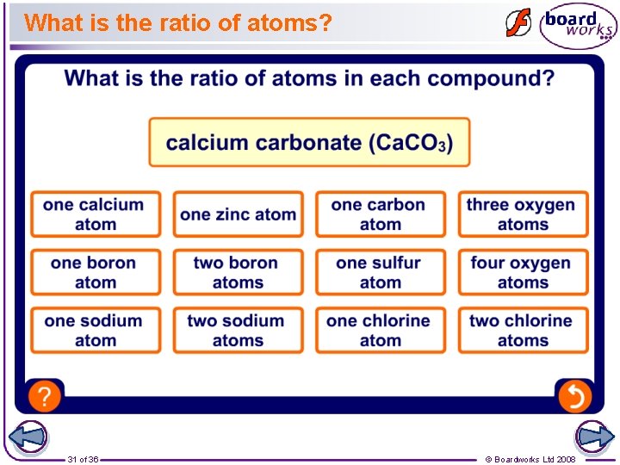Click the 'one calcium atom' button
tap(96, 214)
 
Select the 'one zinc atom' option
tap(239, 214)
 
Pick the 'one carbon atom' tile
tap(381, 214)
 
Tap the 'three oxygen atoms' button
tap(523, 214)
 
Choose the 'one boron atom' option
tap(96, 272)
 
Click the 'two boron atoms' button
tap(239, 272)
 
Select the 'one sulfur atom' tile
tap(381, 272)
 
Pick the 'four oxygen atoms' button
tap(523, 272)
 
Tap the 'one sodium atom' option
tap(96, 330)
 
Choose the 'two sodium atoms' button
tap(239, 330)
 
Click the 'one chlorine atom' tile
tap(381, 330)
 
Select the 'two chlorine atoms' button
tap(523, 330)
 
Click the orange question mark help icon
tap(45, 396)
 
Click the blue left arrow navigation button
tap(27, 437)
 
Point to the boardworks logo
tap(578, 25)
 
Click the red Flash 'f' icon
tap(518, 23)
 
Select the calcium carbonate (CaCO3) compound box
tap(309, 142)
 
